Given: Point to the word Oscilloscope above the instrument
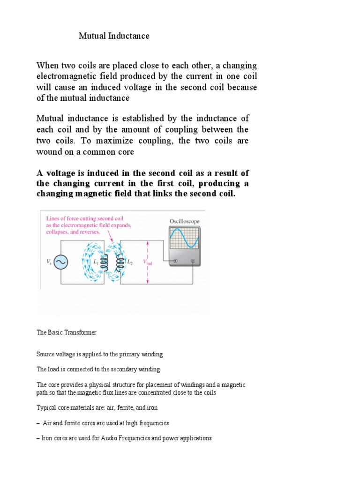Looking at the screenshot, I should coord(184,221).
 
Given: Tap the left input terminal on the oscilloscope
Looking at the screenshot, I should coord(176,261).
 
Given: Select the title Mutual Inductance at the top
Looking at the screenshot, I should coord(113,36).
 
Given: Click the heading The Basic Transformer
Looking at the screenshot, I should coord(67,332).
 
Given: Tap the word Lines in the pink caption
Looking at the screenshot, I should coord(53,218).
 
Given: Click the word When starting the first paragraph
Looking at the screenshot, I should coord(48,66).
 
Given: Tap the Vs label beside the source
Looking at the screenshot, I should coord(49,263).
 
